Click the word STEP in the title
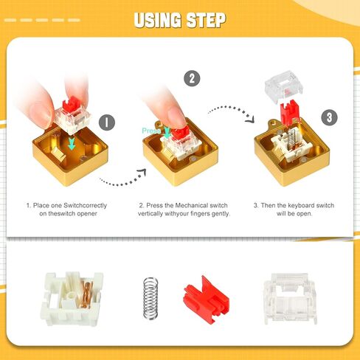[x=201, y=20]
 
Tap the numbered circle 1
[x=105, y=122]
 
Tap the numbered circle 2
[x=192, y=77]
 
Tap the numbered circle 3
[x=329, y=117]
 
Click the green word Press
[x=152, y=131]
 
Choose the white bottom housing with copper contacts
[x=72, y=294]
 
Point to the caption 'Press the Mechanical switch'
[x=184, y=209]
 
